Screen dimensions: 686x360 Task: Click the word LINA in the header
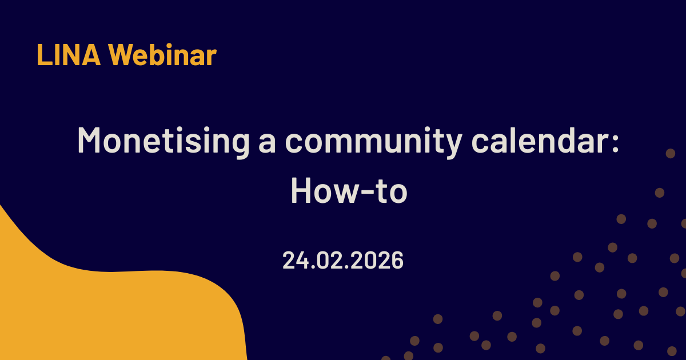pos(69,55)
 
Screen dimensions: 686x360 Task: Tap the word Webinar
pos(163,55)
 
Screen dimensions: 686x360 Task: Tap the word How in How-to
pos(324,190)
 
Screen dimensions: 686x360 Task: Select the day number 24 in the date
pos(296,260)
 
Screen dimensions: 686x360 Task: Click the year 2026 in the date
pos(377,260)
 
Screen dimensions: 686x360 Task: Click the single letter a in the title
pos(267,143)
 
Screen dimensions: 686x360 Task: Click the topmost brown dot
pos(671,153)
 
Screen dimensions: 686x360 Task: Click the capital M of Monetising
pos(89,139)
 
